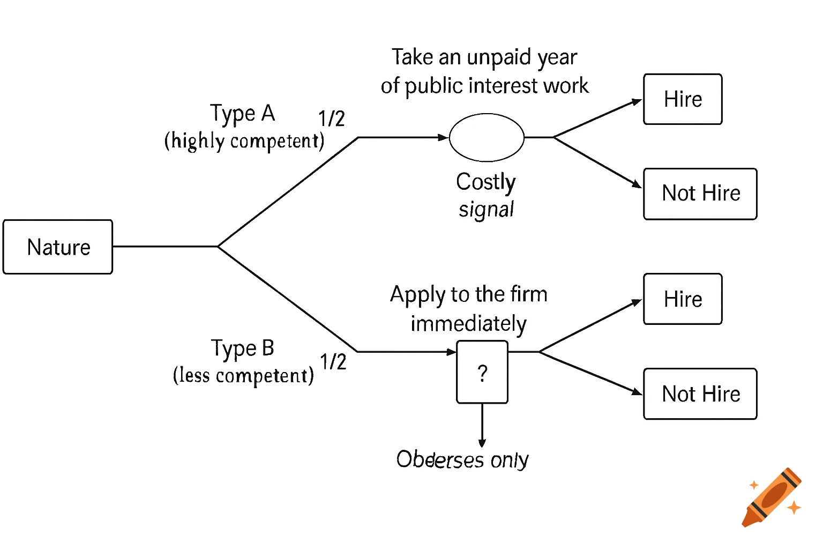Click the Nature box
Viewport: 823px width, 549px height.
58,247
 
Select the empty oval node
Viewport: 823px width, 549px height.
486,137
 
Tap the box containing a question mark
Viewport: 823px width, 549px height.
482,372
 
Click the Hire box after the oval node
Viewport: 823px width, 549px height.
683,99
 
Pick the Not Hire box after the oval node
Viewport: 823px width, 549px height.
700,194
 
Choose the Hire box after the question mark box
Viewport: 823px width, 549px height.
683,299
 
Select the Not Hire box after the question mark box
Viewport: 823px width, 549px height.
700,394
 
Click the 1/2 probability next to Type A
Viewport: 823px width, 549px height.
331,118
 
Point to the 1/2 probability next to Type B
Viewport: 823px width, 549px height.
333,362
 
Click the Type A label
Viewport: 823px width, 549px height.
242,114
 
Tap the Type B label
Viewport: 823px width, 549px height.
242,348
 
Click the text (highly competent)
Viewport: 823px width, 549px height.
244,141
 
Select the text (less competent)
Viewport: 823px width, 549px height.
243,375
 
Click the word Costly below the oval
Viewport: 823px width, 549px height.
485,182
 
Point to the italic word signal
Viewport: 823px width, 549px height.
486,210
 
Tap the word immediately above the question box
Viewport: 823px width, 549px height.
468,324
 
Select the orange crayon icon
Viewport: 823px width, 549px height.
772,498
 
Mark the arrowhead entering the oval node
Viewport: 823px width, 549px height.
443,137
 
